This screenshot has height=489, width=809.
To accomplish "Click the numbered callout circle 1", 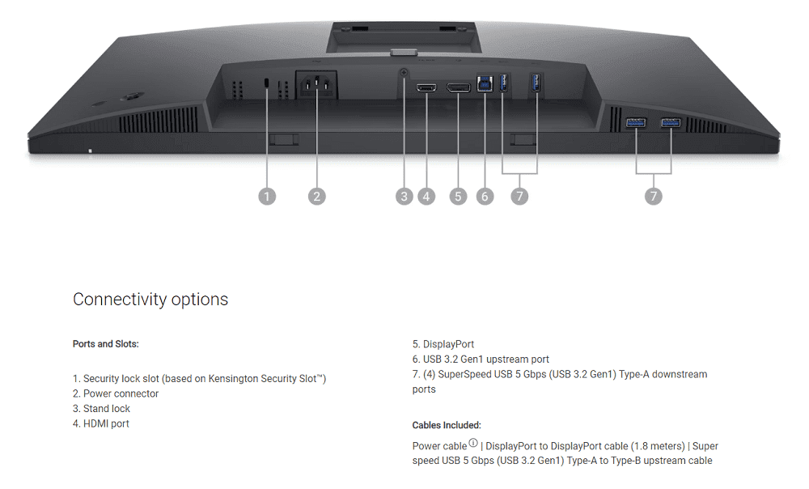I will (x=267, y=196).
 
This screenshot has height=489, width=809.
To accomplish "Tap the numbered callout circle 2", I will (x=317, y=196).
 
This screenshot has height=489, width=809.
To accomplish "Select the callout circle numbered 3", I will (x=404, y=196).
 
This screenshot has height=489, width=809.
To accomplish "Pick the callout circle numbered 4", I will (x=426, y=196).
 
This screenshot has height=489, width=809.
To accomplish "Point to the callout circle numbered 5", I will (x=459, y=196).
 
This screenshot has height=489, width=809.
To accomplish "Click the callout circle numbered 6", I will (x=485, y=196).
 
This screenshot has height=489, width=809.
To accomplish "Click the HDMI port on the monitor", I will (x=426, y=87).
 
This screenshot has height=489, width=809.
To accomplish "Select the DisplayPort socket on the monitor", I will (x=459, y=87).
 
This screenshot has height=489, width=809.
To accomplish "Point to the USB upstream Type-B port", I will (x=485, y=84).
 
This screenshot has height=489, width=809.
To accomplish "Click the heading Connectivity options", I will (x=150, y=300).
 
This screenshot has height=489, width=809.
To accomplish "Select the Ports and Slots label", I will (x=106, y=344).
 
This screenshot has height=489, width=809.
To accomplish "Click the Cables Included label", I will (x=447, y=425).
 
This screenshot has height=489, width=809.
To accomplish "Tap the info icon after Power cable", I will (x=473, y=443).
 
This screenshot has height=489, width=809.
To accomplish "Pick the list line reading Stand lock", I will (x=107, y=409).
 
